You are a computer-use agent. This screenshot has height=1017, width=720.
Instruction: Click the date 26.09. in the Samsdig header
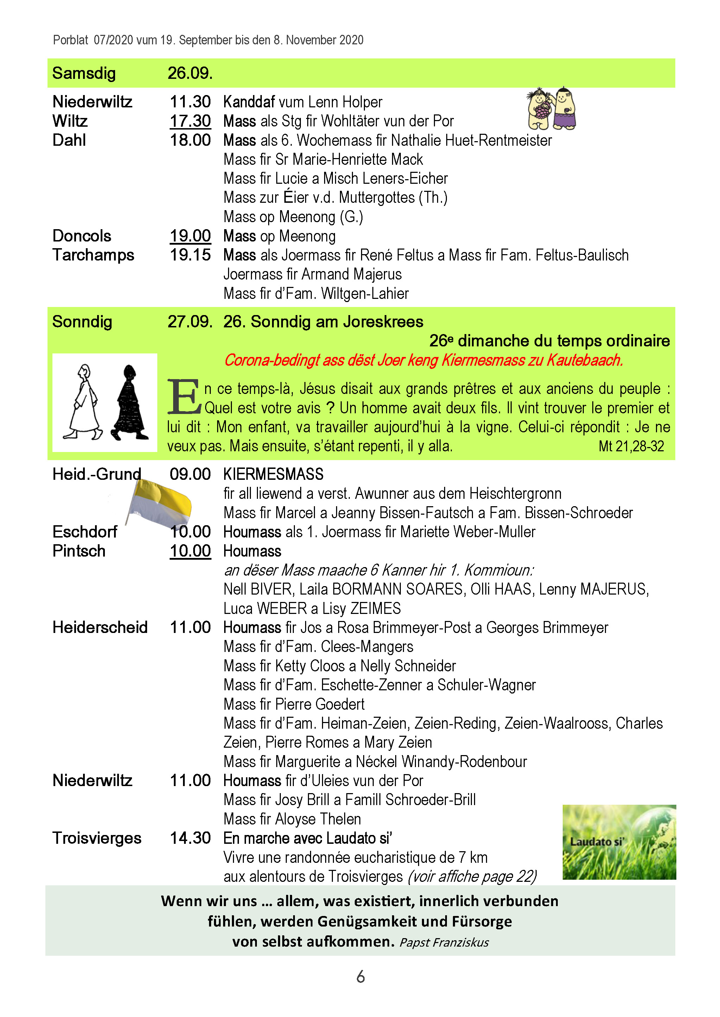tap(190, 73)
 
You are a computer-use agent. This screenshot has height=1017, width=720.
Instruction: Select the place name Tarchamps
tap(93, 255)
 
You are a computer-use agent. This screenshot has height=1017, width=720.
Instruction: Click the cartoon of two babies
tap(551, 108)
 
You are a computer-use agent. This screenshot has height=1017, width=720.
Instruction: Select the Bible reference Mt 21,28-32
tap(631, 446)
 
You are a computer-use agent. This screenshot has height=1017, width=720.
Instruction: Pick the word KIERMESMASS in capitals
tap(273, 474)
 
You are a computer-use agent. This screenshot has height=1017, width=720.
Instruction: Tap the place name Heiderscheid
tap(100, 628)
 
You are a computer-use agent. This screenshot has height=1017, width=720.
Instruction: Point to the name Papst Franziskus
tap(444, 942)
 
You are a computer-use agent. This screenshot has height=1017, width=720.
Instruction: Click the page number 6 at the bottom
tap(360, 977)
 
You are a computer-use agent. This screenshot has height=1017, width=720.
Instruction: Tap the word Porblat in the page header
tap(70, 40)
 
